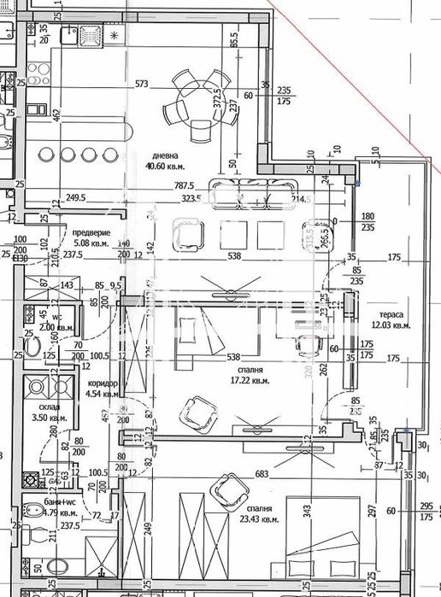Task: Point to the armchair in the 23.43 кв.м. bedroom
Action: (227, 489)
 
